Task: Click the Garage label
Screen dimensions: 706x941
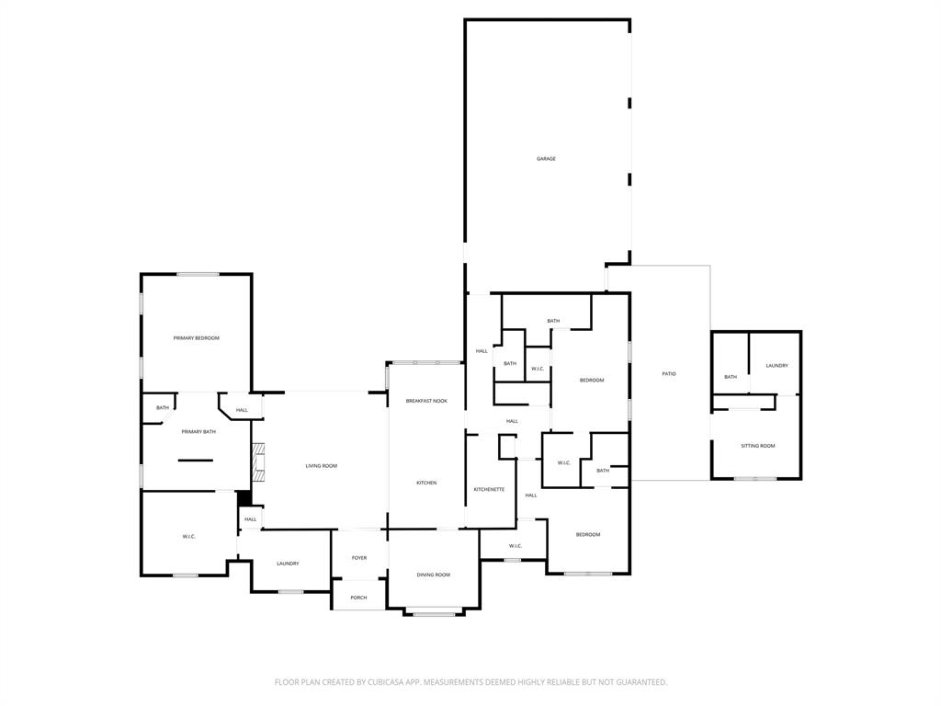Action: coord(546,159)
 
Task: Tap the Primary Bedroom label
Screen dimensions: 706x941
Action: coord(196,338)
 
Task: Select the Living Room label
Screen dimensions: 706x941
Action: coord(322,466)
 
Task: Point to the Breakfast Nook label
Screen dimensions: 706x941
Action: coord(426,401)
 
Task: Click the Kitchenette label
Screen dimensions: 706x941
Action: coord(489,489)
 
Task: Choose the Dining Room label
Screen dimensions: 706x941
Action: coord(434,575)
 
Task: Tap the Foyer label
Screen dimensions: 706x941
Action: coord(358,558)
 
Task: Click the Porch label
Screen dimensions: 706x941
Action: coord(358,598)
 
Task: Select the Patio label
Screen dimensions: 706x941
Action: coord(669,373)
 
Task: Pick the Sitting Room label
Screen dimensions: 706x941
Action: coord(758,446)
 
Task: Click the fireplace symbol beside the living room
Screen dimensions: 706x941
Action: coord(258,462)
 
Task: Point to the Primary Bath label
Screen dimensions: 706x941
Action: coord(198,431)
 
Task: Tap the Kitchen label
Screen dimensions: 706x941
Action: coord(426,483)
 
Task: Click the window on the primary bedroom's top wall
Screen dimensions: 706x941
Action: coord(198,274)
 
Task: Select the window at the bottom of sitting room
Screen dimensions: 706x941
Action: coord(755,478)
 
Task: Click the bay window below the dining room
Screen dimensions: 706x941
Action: coord(434,613)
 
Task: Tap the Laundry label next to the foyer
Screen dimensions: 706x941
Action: coord(288,564)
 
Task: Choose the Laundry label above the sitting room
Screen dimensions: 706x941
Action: coord(777,366)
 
